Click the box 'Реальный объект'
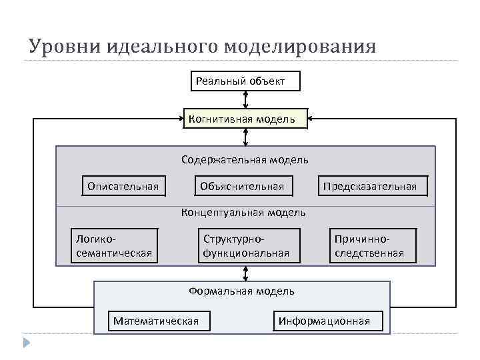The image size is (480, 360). pyautogui.click(x=245, y=81)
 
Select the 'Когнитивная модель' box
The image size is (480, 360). pyautogui.click(x=245, y=119)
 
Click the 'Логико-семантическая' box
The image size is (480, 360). pyautogui.click(x=114, y=246)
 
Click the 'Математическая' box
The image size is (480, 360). pyautogui.click(x=156, y=321)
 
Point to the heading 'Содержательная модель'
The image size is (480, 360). pyautogui.click(x=245, y=160)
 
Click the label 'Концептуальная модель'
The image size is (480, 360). pyautogui.click(x=244, y=213)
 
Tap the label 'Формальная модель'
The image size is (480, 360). pyautogui.click(x=242, y=291)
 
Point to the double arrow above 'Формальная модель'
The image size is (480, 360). pyautogui.click(x=246, y=273)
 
